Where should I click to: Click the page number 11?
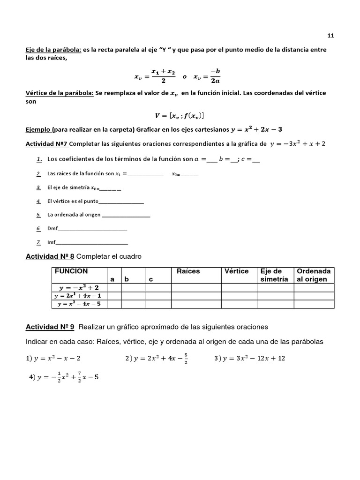(330, 35)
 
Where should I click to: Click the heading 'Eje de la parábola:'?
(53, 50)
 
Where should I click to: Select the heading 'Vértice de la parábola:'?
(59, 93)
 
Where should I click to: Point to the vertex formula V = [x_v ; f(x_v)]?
(179, 115)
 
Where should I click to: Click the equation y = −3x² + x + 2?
(298, 143)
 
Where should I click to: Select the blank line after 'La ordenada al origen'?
(126, 216)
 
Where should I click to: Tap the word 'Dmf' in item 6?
(52, 229)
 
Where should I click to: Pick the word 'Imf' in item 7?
(51, 242)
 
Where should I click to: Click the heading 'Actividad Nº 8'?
(49, 256)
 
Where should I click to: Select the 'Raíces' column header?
(188, 271)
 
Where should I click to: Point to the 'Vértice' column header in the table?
(236, 271)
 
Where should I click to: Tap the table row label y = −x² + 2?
(79, 287)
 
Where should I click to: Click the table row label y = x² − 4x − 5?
(79, 304)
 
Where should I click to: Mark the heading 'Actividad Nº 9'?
(49, 327)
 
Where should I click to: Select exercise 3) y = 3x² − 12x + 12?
(249, 359)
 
